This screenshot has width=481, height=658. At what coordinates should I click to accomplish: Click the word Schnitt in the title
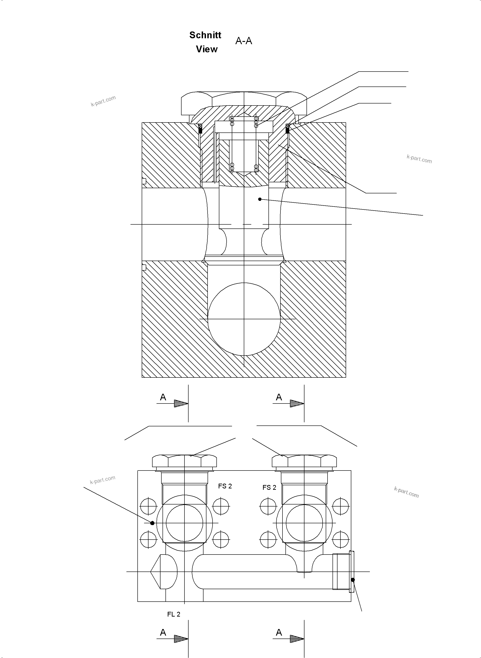click(x=205, y=35)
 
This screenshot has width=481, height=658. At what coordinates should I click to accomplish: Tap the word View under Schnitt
click(x=206, y=49)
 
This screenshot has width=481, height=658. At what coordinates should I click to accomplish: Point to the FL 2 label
click(x=174, y=614)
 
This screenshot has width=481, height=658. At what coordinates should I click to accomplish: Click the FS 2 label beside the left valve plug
click(x=225, y=486)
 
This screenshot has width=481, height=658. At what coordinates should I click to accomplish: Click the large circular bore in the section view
click(x=244, y=319)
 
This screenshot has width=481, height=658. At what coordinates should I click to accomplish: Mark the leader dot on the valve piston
click(x=260, y=199)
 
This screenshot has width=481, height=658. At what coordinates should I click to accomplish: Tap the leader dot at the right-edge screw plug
click(x=353, y=580)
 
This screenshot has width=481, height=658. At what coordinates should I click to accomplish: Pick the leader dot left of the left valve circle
click(x=152, y=523)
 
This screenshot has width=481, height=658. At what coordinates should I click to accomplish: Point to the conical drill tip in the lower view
click(x=156, y=572)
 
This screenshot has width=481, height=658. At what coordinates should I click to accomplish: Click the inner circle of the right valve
click(x=304, y=523)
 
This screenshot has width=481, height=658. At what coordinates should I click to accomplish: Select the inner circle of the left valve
click(x=184, y=523)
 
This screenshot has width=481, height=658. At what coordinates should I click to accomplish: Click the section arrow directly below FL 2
click(x=181, y=639)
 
